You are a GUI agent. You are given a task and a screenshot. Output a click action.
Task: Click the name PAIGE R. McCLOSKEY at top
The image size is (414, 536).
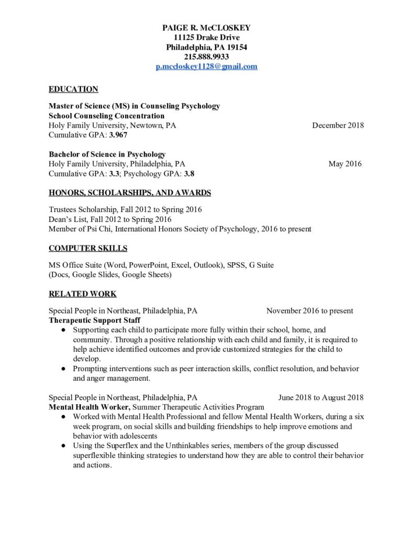pos(207,27)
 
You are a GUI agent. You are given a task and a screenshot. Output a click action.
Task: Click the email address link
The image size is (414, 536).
pos(207,66)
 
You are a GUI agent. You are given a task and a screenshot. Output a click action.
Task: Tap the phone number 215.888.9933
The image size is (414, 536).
pos(207,57)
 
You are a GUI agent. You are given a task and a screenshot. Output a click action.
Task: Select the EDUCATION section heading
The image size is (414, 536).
pos(73,89)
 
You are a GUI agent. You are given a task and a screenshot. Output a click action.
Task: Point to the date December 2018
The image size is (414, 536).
pos(338,125)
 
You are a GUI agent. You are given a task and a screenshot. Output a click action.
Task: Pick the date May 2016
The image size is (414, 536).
pos(345,164)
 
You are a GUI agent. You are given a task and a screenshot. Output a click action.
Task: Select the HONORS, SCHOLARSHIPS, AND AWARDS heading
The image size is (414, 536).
pos(130,193)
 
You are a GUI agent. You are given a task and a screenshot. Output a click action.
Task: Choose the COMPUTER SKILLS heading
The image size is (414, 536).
pos(88,248)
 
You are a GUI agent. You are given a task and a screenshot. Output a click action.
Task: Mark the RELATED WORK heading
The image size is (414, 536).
pos(83,294)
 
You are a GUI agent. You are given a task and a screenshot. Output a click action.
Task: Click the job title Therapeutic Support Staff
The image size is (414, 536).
pos(95,320)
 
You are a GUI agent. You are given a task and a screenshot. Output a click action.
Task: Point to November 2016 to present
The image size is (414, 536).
pos(309,310)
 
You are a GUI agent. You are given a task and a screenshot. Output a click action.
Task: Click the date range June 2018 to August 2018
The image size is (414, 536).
pos(321,397)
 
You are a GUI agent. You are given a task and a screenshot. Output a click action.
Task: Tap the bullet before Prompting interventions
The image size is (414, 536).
pos(63,369)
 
